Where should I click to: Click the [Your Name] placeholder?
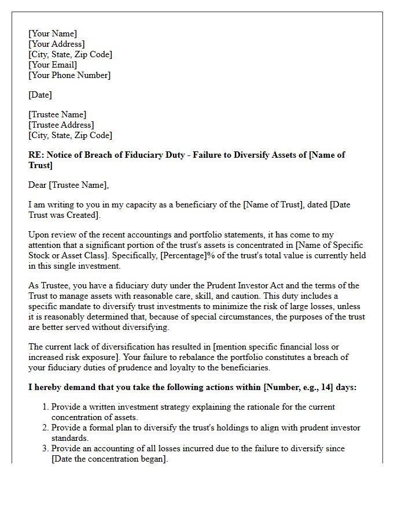(52, 34)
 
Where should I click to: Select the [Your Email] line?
(52, 65)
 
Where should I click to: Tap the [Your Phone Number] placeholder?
(69, 75)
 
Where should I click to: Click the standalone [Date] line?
(40, 95)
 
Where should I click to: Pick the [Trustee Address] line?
(61, 125)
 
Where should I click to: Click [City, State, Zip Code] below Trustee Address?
(70, 135)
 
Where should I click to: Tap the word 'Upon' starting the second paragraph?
(39, 235)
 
